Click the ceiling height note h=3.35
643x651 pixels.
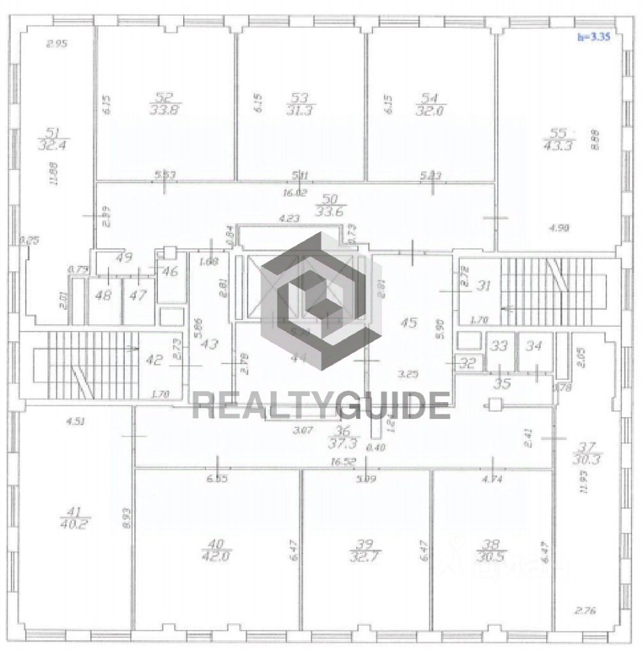tap(593, 38)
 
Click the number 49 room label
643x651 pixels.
tap(123, 258)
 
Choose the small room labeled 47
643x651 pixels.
tap(138, 296)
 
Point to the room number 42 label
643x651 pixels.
tap(155, 360)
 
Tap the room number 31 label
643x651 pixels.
tap(483, 285)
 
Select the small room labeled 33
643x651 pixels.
tap(499, 346)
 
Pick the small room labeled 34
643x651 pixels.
tap(534, 346)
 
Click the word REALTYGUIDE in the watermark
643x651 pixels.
tap(321, 406)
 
